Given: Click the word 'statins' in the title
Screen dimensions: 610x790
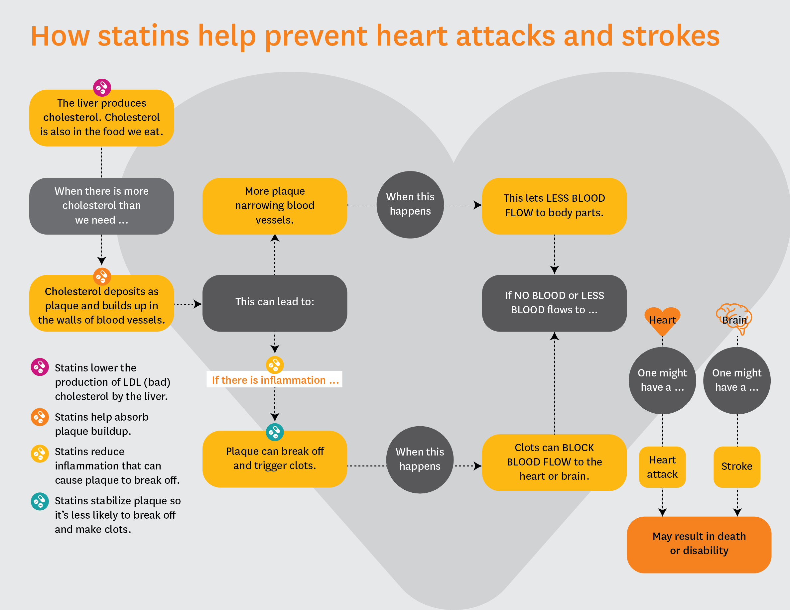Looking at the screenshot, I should [x=143, y=36].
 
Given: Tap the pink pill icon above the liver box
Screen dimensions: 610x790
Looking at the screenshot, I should [x=102, y=87].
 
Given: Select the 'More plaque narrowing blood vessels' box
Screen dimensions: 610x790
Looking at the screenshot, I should [x=275, y=206].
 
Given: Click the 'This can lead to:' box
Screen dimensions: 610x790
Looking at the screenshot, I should [x=275, y=302].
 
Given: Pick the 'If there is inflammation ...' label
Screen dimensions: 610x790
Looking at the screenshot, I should [x=275, y=380].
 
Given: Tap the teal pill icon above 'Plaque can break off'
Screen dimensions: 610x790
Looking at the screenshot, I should [x=275, y=432].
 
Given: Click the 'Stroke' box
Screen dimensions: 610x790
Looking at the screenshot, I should [x=736, y=466].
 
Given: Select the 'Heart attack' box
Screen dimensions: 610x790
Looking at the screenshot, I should [x=662, y=466].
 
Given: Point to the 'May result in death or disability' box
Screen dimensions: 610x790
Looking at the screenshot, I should [x=699, y=544].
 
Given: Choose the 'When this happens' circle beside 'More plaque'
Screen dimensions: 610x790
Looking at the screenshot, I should [x=410, y=205].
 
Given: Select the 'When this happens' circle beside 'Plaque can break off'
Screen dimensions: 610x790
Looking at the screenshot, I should [x=420, y=459].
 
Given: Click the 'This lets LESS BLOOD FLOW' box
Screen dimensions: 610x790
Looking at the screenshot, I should [x=554, y=206].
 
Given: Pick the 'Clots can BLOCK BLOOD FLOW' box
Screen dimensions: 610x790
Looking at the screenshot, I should [x=554, y=462].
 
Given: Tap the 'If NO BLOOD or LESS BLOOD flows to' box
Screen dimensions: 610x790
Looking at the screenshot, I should [x=554, y=303].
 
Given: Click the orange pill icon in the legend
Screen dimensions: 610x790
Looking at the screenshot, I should [x=40, y=417].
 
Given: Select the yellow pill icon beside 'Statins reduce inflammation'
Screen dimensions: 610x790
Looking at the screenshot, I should [x=40, y=453].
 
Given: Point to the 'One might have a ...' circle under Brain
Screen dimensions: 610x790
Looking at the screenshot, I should [x=736, y=380].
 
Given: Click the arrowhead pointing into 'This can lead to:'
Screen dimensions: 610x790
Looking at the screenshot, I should [x=197, y=304].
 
